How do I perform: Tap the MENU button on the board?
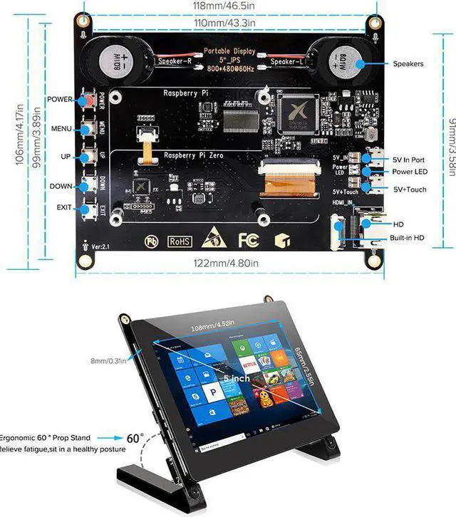tap(89, 128)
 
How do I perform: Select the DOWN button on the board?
tap(89, 184)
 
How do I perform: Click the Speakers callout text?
tap(408, 63)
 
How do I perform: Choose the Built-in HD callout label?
tap(407, 238)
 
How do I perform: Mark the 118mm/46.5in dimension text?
tap(227, 6)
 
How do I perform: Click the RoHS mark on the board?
tap(179, 241)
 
